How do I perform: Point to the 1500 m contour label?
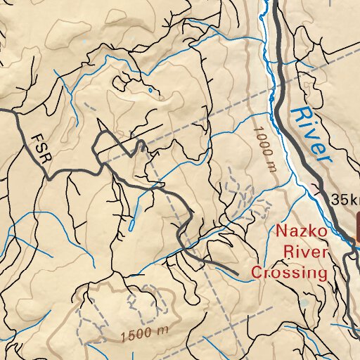tap(143, 330)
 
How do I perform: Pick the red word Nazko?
tap(300, 231)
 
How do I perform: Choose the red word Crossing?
tap(290, 272)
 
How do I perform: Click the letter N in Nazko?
tap(281, 231)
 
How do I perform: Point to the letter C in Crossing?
tap(257, 272)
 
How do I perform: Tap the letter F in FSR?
tap(34, 136)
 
